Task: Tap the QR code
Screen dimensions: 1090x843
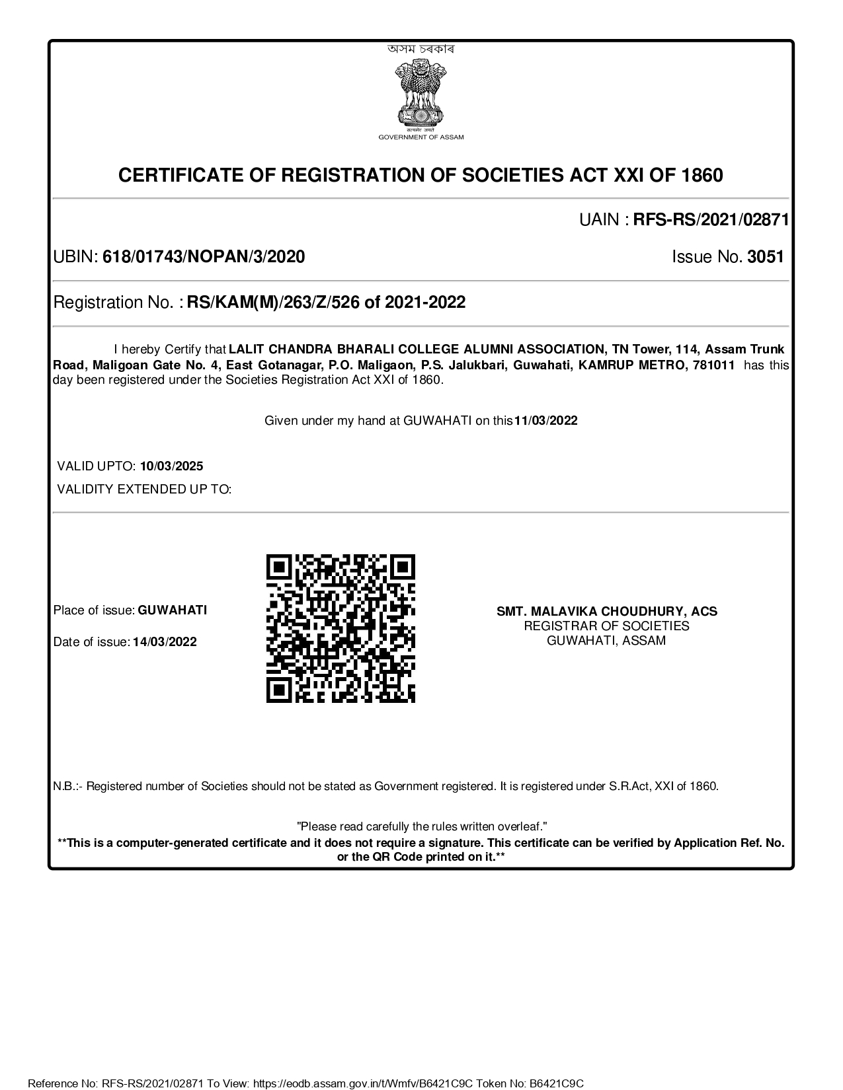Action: click(341, 628)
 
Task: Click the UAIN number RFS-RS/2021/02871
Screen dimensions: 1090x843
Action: click(711, 220)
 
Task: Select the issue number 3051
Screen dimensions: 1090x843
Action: click(765, 257)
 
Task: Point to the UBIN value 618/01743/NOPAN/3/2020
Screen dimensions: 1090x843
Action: click(204, 257)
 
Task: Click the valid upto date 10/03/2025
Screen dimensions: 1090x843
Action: click(171, 466)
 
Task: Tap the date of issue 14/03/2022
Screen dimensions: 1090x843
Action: click(165, 642)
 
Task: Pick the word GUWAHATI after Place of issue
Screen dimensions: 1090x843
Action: click(172, 610)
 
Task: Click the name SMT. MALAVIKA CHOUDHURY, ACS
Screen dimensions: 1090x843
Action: click(607, 612)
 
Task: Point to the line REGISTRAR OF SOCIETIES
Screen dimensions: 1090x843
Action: click(607, 626)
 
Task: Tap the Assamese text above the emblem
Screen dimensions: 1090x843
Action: click(421, 49)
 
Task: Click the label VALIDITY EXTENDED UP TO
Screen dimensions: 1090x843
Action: click(144, 490)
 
